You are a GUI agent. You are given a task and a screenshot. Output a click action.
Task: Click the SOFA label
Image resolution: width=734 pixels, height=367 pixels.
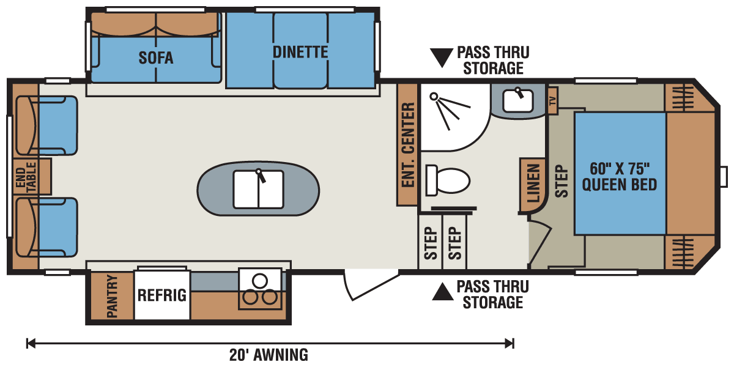click(x=155, y=58)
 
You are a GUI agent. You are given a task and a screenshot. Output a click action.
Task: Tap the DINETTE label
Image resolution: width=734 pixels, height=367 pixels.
click(x=300, y=52)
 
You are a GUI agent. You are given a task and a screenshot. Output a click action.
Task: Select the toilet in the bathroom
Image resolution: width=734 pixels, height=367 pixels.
click(x=448, y=180)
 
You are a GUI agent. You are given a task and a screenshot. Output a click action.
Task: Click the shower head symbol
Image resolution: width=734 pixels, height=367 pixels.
click(x=434, y=97)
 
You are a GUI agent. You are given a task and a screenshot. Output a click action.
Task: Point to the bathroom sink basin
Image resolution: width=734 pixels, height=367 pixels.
click(x=517, y=100)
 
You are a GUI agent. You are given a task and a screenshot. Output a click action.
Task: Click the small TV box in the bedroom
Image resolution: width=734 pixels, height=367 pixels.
click(x=553, y=100)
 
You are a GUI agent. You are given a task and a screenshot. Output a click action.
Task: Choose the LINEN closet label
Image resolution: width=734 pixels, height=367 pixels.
click(x=533, y=183)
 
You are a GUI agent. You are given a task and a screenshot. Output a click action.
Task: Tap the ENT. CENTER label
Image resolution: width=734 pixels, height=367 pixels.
click(x=407, y=144)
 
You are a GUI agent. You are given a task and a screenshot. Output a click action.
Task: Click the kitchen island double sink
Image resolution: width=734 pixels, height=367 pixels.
click(x=258, y=190)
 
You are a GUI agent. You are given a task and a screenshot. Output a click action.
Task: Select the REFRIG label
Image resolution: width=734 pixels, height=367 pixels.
click(x=162, y=295)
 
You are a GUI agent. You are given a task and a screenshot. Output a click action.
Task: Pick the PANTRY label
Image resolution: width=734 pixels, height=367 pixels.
click(x=112, y=296)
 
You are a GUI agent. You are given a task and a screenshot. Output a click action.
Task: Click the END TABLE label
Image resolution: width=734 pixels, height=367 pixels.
click(x=26, y=177)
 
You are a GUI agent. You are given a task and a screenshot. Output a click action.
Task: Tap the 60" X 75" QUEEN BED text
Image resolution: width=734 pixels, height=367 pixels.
click(x=619, y=177)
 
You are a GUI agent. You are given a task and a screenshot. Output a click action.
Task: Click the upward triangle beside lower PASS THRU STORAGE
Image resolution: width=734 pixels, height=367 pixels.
click(x=442, y=292)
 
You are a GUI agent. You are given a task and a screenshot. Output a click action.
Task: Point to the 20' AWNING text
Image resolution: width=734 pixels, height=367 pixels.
click(x=269, y=355)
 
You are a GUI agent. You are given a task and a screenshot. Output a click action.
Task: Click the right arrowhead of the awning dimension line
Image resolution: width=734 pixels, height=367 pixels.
click(x=510, y=343)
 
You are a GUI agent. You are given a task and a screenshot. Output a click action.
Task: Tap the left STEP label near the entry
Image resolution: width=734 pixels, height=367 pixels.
click(x=431, y=243)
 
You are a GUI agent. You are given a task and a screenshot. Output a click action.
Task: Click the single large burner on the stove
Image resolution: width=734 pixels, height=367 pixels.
click(x=259, y=281)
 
